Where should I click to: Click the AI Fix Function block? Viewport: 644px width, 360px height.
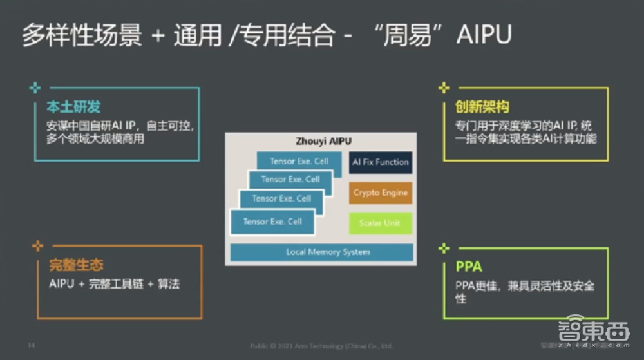pos(381,162)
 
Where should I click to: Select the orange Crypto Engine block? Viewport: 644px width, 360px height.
pos(381,193)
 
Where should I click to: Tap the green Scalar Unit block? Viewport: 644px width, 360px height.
pos(380,223)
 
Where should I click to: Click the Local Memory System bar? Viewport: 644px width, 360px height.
pos(321,252)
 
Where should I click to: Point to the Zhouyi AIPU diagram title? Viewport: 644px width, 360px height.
pos(320,142)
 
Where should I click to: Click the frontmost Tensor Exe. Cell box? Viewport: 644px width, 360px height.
pos(272,222)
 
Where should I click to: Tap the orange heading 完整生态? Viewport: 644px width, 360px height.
pos(76,265)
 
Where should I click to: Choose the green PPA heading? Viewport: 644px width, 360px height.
pos(469,267)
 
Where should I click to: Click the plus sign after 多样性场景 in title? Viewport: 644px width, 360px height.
pos(158,35)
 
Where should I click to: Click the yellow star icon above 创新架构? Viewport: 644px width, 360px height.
pos(444,88)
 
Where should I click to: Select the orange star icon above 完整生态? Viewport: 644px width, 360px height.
pos(38,245)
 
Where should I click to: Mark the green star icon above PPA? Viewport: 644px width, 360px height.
pos(443,247)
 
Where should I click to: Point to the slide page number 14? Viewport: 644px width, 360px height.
pos(30,346)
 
